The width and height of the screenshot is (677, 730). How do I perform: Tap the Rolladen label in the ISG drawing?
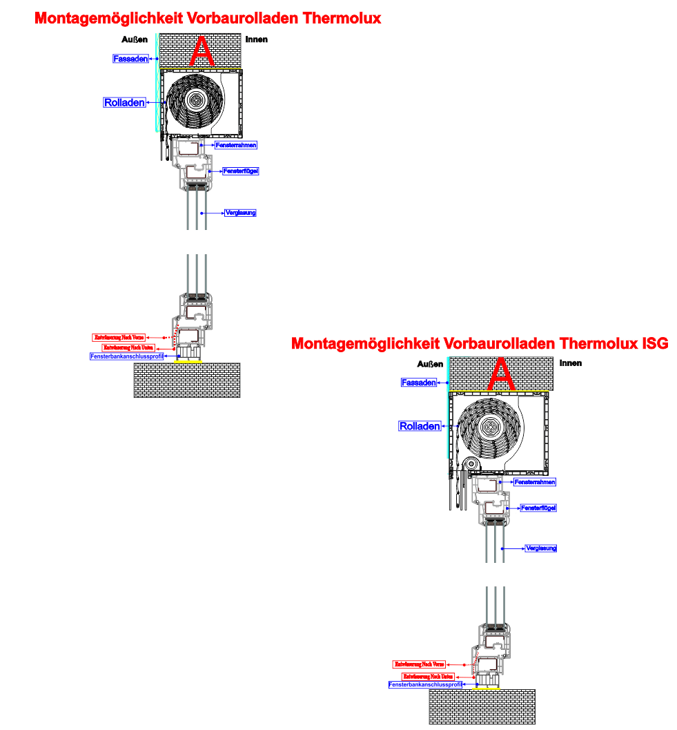pos(420,426)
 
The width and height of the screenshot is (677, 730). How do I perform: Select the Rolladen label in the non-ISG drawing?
pos(124,103)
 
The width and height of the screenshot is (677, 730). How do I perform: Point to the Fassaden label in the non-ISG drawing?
pos(130,59)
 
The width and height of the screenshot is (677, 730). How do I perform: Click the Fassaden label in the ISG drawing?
pos(418,382)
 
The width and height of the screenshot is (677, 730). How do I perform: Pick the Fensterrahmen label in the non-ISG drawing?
pos(236,145)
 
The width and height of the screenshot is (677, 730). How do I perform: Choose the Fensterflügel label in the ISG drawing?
pos(538,508)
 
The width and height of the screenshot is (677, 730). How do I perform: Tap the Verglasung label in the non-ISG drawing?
pos(240,213)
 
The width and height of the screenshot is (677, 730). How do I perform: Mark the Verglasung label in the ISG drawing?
pos(541,548)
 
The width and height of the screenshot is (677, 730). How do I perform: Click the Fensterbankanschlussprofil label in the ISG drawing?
pos(425,684)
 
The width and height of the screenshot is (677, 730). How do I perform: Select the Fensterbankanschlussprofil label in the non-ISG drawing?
pos(126,356)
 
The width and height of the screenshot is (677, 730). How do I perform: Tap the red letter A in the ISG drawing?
pos(502,375)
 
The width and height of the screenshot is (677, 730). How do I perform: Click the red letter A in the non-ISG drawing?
pos(202,52)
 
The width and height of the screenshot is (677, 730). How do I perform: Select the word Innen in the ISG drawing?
pos(571,363)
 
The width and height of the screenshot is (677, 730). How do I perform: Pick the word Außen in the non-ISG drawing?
pos(133,39)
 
